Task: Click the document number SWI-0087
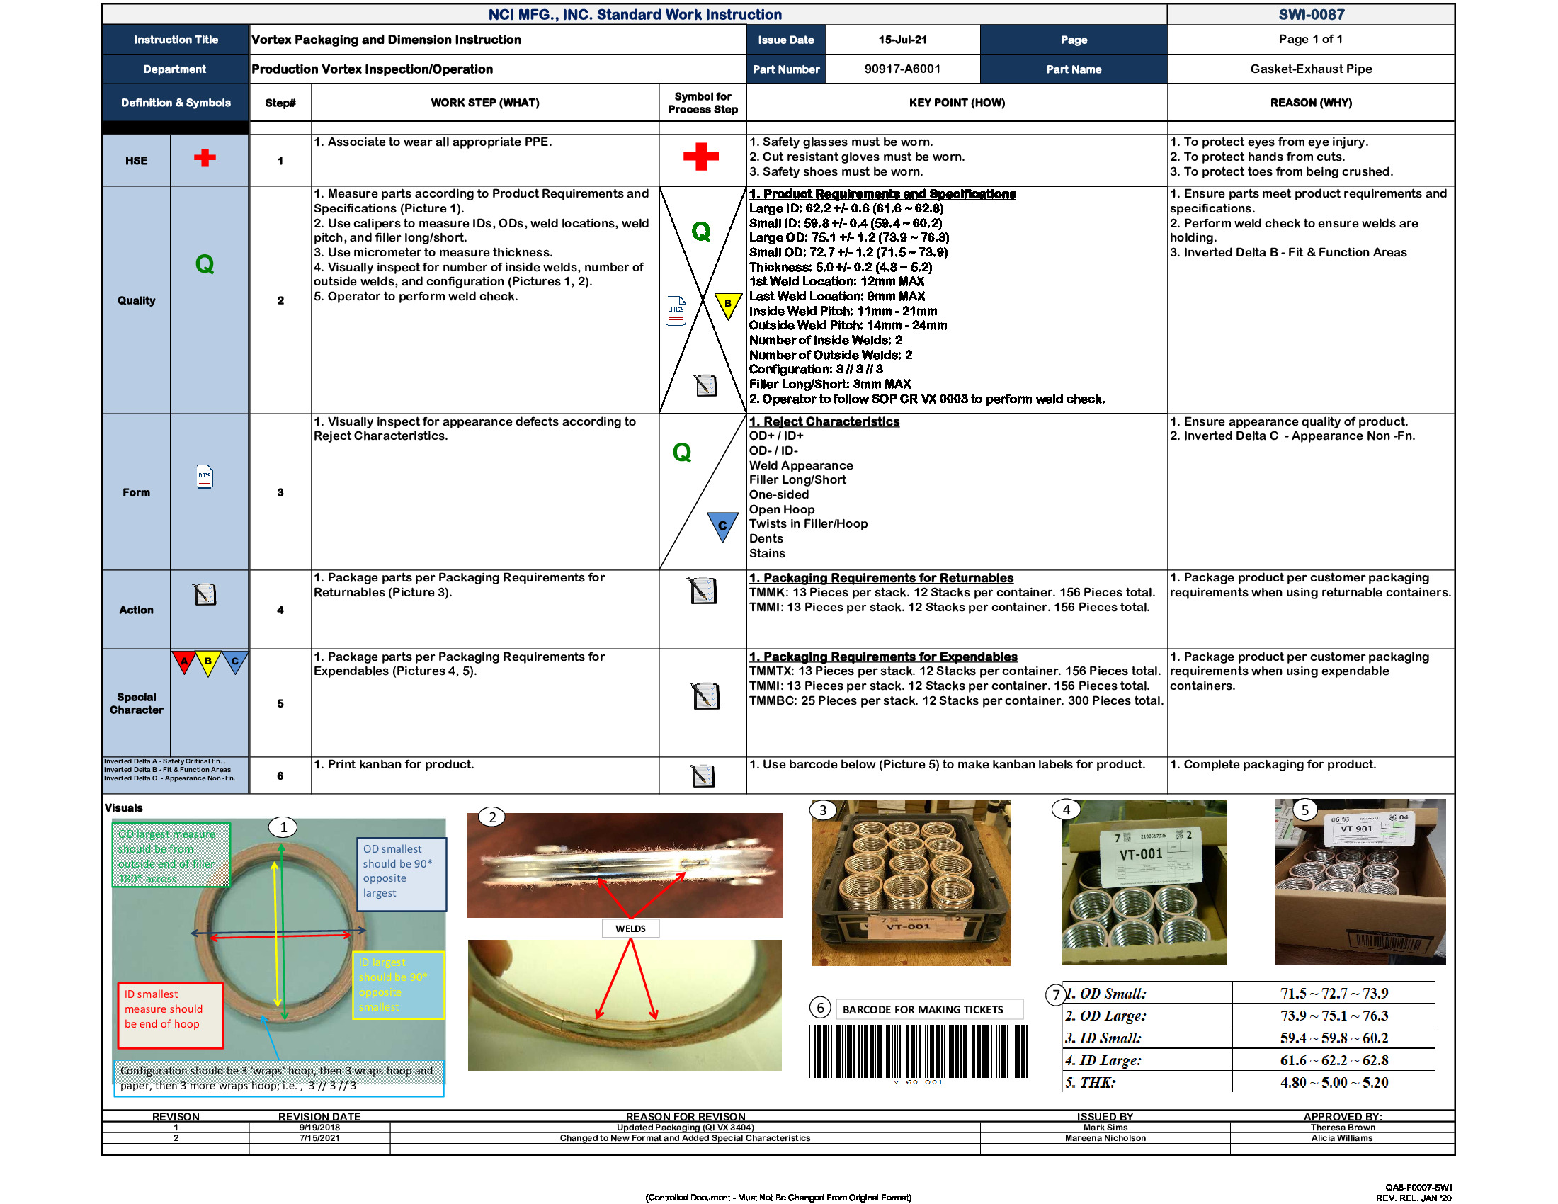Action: (1310, 14)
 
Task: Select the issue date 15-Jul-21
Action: (902, 40)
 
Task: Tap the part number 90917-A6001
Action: (902, 69)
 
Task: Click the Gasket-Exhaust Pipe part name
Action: (1310, 69)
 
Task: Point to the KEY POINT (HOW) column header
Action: (956, 103)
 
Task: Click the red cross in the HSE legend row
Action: (205, 158)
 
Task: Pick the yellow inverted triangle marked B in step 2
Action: (727, 305)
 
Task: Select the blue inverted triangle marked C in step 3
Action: (722, 526)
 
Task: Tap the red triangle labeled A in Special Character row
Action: (184, 661)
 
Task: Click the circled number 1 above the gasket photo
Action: (283, 827)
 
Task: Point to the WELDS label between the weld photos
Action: (630, 928)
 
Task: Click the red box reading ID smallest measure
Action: (170, 1015)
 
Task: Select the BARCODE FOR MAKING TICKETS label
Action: (922, 1009)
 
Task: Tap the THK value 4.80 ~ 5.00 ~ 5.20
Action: (1334, 1082)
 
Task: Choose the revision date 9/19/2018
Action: (319, 1128)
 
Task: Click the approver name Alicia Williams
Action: (1341, 1138)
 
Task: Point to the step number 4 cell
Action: (280, 610)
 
